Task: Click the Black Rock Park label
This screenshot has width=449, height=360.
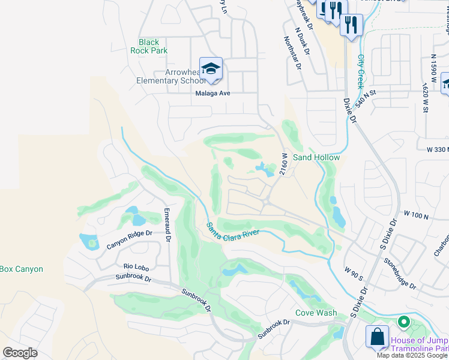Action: [x=149, y=46]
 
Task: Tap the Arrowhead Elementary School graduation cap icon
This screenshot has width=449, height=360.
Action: [x=211, y=70]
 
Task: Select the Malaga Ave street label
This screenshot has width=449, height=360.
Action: [x=212, y=93]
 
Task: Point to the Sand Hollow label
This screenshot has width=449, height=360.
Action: [x=316, y=157]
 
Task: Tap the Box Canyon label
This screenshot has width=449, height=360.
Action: [x=22, y=269]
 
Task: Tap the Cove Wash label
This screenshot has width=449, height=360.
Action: [x=316, y=313]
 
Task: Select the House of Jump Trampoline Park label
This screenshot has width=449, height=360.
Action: [x=420, y=344]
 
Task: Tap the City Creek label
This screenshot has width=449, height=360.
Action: [x=361, y=72]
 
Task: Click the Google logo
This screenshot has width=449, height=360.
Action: [x=20, y=352]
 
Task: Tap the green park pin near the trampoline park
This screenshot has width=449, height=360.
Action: [x=404, y=323]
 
